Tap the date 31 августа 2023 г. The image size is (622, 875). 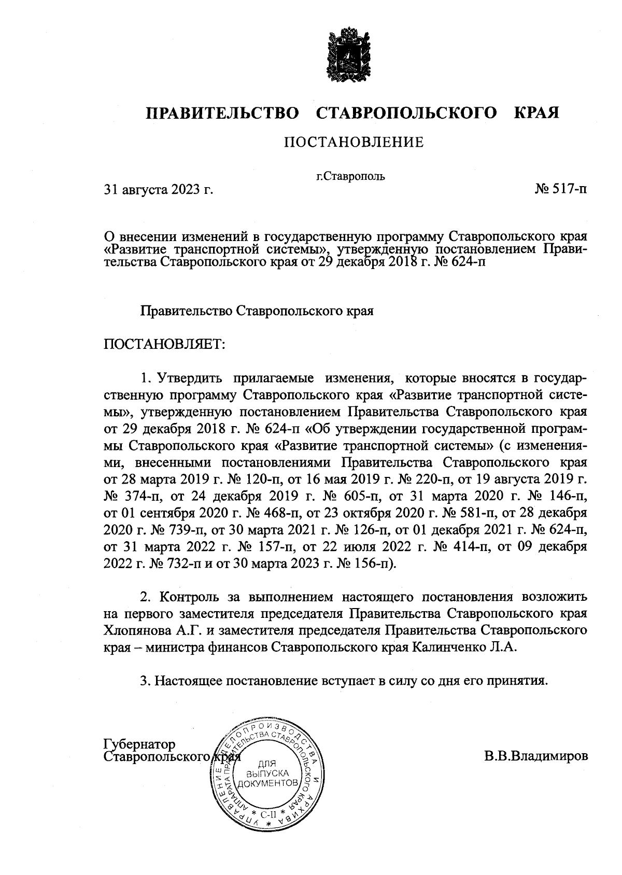pos(159,190)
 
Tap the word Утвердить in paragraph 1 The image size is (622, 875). pos(189,377)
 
